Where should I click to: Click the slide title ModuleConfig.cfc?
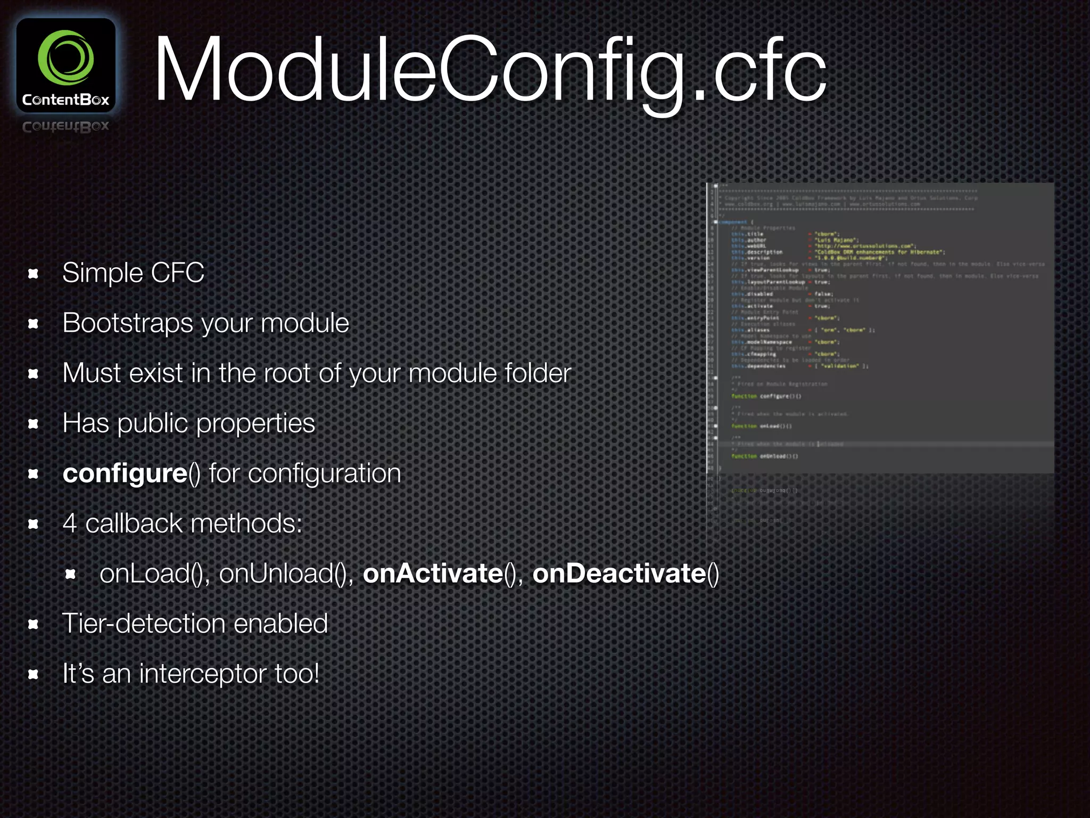point(490,69)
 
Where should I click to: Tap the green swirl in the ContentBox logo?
point(66,58)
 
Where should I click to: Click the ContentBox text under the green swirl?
point(66,100)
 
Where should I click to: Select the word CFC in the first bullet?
point(177,273)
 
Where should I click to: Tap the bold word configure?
point(125,473)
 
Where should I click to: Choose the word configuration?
point(324,473)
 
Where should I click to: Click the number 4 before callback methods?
point(70,523)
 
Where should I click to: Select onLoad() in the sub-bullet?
point(151,574)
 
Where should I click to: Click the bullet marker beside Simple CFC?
point(34,274)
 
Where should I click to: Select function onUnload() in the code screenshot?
point(764,456)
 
